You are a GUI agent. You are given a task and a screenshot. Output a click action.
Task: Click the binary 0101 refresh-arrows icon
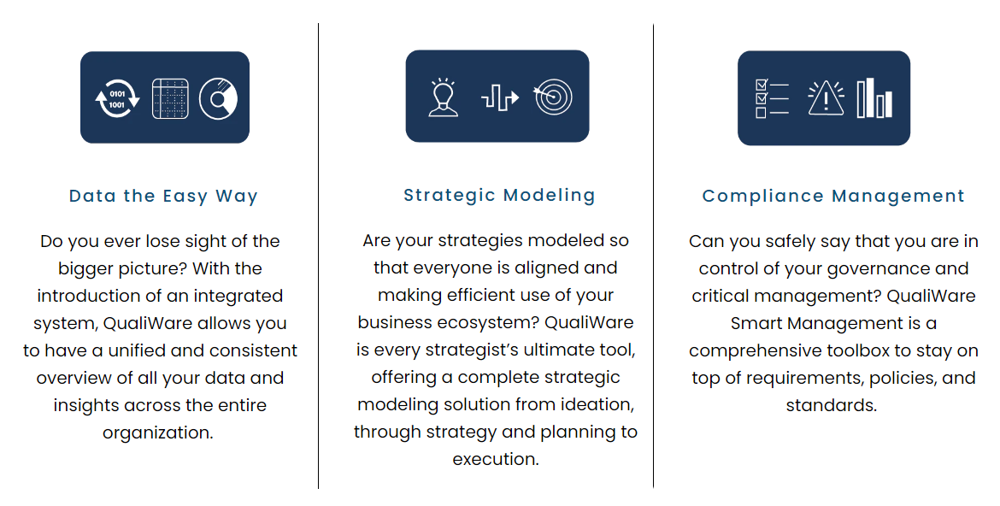click(117, 98)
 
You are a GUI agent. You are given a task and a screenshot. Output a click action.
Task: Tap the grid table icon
click(169, 98)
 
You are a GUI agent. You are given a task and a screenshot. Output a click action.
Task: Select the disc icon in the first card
click(218, 98)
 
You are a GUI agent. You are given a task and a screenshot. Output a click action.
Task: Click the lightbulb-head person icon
click(443, 97)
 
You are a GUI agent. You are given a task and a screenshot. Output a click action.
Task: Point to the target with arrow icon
click(553, 97)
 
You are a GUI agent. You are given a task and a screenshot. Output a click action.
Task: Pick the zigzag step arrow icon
click(499, 97)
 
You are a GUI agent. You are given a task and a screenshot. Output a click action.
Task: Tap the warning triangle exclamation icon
click(826, 98)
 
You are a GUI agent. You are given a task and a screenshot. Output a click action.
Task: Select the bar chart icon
click(874, 98)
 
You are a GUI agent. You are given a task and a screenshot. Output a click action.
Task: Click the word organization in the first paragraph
click(156, 432)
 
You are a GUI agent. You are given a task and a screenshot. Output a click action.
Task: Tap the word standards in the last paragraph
click(830, 405)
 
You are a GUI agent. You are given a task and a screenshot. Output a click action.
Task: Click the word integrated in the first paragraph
click(235, 296)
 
